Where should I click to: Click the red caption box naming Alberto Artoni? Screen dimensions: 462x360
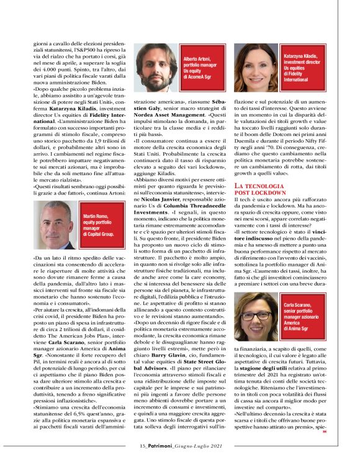pyautogui.click(x=202, y=68)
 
